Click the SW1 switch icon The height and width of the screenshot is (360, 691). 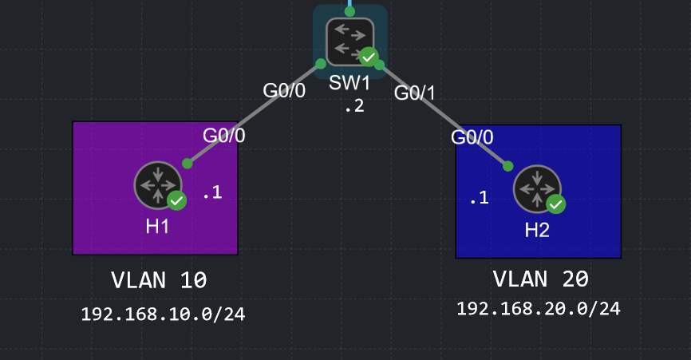point(350,42)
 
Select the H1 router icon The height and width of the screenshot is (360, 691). point(158,185)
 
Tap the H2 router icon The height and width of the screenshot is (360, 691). point(537,189)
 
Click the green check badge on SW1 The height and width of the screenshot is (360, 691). point(369,57)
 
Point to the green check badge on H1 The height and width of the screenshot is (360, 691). point(176,200)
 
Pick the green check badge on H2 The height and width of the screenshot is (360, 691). point(556,204)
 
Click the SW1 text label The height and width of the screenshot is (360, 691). point(349,83)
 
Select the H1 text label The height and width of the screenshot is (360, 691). point(157,227)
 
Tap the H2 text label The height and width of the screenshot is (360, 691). point(537,230)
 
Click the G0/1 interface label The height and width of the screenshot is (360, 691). point(415,93)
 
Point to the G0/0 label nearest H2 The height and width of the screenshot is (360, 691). point(472,137)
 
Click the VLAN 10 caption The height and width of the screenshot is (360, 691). point(159,280)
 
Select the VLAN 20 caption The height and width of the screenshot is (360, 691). point(541,279)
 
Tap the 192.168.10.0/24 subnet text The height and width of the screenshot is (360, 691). point(163,315)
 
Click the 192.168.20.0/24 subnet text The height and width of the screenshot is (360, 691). point(539,308)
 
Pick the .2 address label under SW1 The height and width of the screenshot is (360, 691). point(355,106)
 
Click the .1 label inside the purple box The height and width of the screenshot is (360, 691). point(212,192)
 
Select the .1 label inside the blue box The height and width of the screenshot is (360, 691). point(480,197)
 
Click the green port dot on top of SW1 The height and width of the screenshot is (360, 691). point(349,11)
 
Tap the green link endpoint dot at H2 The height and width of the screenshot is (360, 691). point(507,166)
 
